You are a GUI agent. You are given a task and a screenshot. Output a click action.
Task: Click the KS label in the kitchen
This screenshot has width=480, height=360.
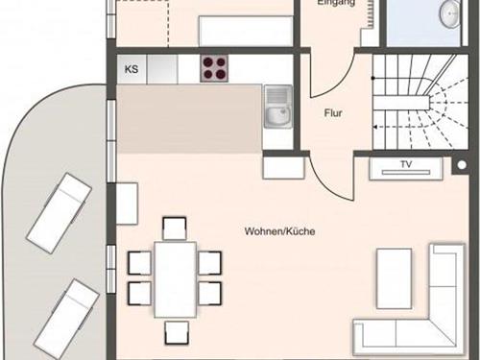click(132, 69)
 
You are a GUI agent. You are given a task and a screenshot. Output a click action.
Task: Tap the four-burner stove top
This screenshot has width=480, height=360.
click(214, 68)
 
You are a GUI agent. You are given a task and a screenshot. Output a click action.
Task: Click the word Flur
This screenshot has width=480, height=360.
click(333, 113)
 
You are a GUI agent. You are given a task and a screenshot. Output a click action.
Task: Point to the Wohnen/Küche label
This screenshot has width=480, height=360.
click(279, 231)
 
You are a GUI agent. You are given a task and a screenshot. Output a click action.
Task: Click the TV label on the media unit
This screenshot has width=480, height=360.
click(406, 164)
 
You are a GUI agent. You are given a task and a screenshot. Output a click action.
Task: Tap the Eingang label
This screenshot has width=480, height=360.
click(336, 3)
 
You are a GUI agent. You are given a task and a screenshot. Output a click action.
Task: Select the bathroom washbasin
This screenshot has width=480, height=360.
click(451, 13)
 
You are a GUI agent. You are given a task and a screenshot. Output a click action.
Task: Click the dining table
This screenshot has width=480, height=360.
click(176, 279)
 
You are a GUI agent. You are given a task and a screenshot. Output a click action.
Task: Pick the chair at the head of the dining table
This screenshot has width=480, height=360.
click(175, 228)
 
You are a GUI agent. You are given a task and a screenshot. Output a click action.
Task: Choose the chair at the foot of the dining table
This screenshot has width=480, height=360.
click(177, 333)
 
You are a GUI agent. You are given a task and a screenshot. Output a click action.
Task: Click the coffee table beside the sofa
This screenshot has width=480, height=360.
click(395, 278)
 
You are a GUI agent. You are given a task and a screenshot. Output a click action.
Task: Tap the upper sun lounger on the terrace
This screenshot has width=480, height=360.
click(59, 213)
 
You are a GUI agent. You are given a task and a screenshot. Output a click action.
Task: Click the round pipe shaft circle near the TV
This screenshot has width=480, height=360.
click(462, 165)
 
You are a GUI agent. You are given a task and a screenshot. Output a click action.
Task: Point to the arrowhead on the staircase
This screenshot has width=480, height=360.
click(376, 127)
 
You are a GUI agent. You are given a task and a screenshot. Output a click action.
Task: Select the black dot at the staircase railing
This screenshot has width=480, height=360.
click(372, 78)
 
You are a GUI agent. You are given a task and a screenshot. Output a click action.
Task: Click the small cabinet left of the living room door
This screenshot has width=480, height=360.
click(284, 168)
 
